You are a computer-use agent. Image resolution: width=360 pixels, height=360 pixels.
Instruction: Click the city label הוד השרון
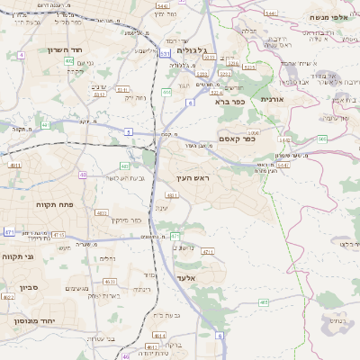tap(63, 49)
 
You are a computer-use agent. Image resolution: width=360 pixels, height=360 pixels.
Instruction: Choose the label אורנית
tap(271, 99)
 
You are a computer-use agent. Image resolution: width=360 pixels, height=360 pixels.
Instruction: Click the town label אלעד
tap(186, 278)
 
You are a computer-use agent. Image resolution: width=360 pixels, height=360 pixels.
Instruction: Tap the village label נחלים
tap(107, 258)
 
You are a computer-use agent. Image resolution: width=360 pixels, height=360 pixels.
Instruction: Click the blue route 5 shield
tap(128, 132)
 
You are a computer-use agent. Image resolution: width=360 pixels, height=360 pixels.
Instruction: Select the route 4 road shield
tap(21, 55)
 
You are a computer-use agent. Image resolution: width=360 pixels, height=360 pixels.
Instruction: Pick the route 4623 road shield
tap(110, 282)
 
